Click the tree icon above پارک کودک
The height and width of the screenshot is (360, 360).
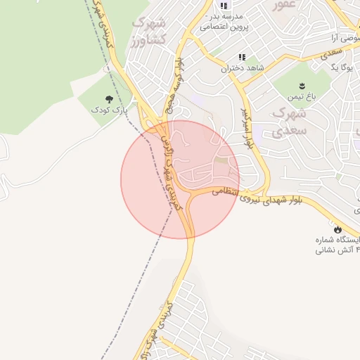tap(109, 99)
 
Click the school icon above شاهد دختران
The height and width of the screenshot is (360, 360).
tap(242, 57)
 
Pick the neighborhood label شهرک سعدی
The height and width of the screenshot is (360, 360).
tap(288, 121)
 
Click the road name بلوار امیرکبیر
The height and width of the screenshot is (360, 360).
tap(246, 126)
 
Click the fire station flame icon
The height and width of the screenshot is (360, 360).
tap(338, 229)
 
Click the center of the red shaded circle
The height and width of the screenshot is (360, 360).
tap(180, 179)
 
